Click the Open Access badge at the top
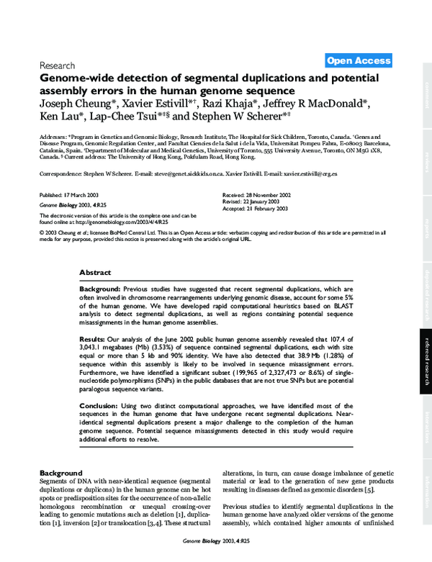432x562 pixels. pos(359,61)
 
